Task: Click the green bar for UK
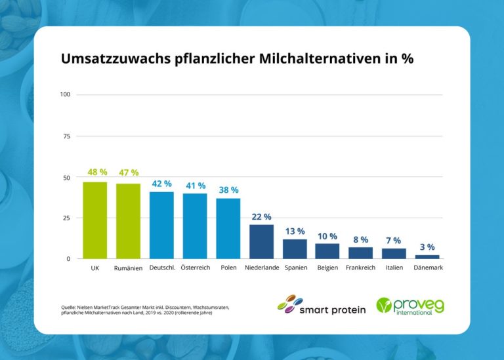95,220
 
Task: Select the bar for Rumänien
128,221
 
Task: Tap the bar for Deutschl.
161,225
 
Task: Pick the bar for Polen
228,228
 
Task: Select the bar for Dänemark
427,256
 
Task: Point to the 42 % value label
161,184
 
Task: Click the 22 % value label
262,217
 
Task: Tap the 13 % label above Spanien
295,231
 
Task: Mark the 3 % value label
427,247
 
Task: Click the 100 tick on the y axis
65,94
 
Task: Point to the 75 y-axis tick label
66,136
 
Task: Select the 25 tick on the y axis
66,218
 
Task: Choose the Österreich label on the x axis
195,268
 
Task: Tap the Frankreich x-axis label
360,268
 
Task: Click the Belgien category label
327,268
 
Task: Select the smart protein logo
321,305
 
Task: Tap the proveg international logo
409,306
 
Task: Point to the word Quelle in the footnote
68,306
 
